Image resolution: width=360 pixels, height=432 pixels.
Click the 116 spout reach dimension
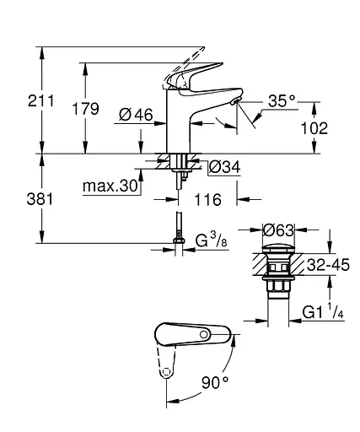[207, 200]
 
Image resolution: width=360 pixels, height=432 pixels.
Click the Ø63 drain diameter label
[277, 229]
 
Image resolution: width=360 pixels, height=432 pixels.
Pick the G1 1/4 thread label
[323, 314]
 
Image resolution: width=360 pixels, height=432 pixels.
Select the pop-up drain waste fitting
[277, 270]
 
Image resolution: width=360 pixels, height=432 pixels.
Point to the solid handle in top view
[190, 334]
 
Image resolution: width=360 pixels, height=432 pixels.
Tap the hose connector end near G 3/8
[178, 245]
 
